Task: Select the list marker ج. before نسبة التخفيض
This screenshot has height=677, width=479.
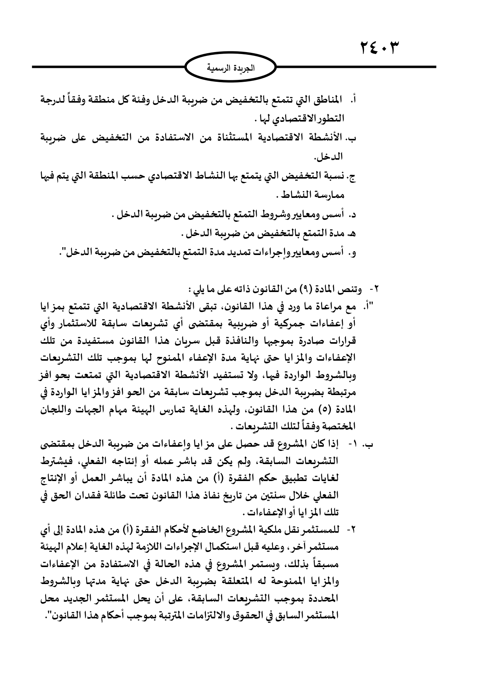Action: pos(352,177)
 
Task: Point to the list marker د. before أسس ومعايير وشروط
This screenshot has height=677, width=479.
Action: pos(352,215)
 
